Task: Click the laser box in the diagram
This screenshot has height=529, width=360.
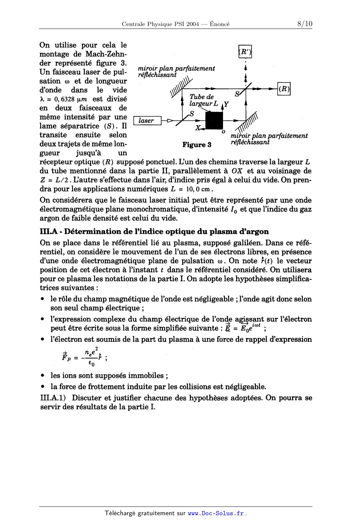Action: pos(147,121)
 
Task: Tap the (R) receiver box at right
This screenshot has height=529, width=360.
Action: pos(284,89)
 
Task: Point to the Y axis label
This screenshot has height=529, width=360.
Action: pos(226,104)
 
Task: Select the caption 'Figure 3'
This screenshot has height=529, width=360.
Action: pos(197,145)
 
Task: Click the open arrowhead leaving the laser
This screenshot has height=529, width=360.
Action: pos(169,120)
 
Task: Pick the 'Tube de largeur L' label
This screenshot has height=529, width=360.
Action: pos(203,100)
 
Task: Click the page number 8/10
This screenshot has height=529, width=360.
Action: pos(305,24)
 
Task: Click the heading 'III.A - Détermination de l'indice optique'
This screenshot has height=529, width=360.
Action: pos(154,232)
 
